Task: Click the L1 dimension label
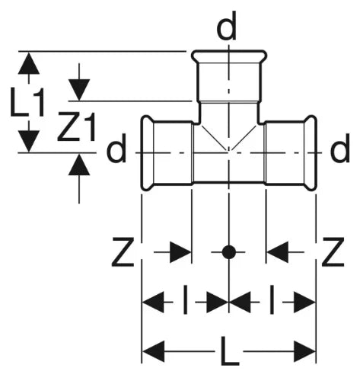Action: click(x=27, y=102)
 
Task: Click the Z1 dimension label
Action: click(x=76, y=126)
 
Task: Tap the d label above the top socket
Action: click(x=227, y=26)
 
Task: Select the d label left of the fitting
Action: click(x=116, y=148)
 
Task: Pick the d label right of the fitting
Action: click(x=340, y=148)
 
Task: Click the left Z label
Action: click(x=123, y=251)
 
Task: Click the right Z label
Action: click(x=333, y=251)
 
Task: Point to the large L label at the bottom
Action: click(x=230, y=351)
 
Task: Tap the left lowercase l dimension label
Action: click(x=186, y=299)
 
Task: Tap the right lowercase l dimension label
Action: click(x=272, y=299)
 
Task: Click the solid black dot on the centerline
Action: click(x=229, y=252)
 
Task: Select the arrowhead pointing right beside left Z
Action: click(x=180, y=252)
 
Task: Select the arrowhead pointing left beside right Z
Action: click(x=277, y=252)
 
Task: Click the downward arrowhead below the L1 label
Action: click(x=29, y=141)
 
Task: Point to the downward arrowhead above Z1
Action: click(x=79, y=90)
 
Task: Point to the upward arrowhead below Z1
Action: click(x=79, y=165)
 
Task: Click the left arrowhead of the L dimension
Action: click(x=153, y=351)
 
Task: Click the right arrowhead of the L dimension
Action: click(x=304, y=351)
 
